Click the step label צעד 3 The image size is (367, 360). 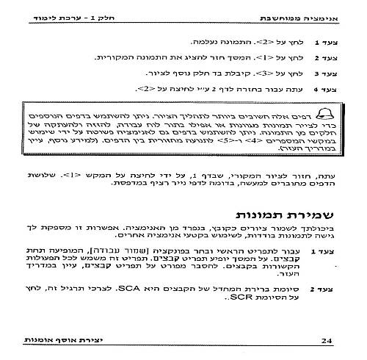[x=323, y=74]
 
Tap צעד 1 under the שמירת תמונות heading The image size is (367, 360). [x=323, y=252]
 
